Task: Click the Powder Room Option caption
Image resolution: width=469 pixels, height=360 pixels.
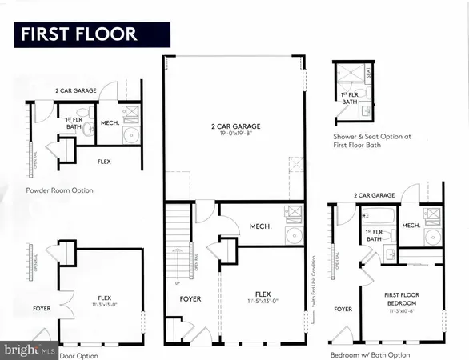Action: click(x=59, y=190)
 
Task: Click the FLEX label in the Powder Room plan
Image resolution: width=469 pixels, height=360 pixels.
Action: click(x=104, y=161)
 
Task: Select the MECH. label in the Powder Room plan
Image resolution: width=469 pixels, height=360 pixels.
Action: click(x=109, y=123)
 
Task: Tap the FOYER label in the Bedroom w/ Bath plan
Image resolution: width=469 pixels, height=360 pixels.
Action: click(x=343, y=309)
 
